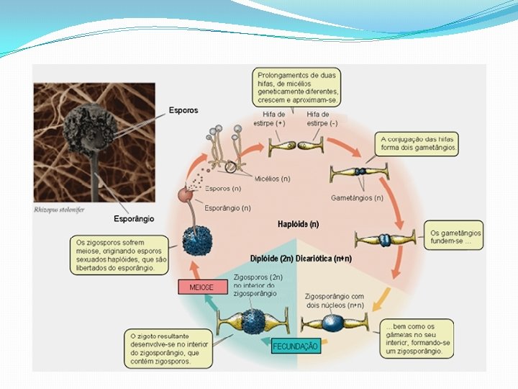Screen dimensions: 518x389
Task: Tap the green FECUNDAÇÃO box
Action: pyautogui.click(x=295, y=346)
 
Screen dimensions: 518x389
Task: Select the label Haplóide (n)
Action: pyautogui.click(x=298, y=224)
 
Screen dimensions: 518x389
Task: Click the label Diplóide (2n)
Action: pyautogui.click(x=271, y=259)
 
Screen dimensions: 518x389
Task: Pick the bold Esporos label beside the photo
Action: pyautogui.click(x=183, y=110)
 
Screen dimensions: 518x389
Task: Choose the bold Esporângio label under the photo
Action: pyautogui.click(x=135, y=218)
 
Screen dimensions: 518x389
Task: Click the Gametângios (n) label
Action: pyautogui.click(x=357, y=197)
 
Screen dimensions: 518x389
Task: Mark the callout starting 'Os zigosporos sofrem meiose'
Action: pyautogui.click(x=119, y=254)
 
